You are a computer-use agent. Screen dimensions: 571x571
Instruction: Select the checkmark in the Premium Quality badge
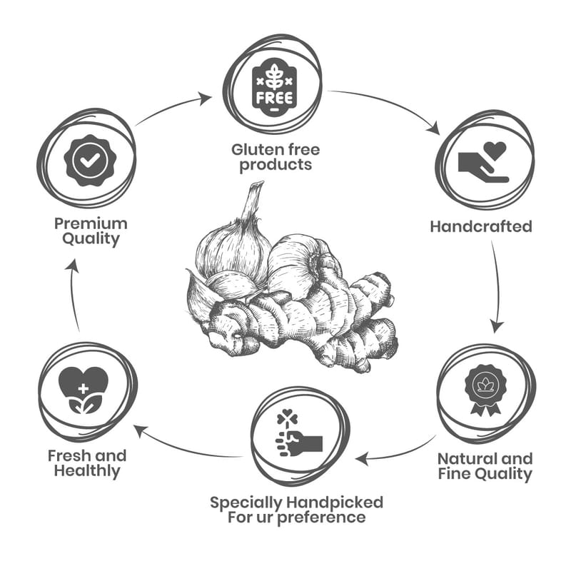[x=89, y=162]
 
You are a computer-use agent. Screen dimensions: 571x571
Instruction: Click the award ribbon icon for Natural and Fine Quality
[x=485, y=389]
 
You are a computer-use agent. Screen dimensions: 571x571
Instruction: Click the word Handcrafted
[x=480, y=226]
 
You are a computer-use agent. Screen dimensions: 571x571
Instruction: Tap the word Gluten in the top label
[x=254, y=150]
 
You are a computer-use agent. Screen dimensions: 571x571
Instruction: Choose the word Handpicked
[x=336, y=502]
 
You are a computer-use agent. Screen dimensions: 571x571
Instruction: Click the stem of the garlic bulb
[x=249, y=203]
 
